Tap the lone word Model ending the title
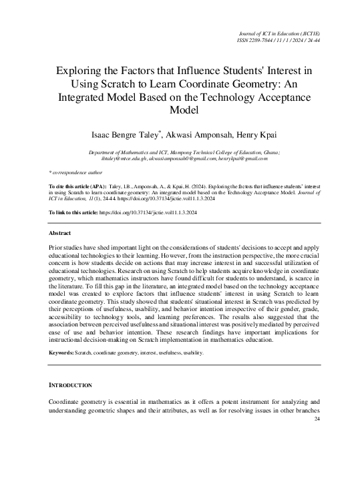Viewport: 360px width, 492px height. (x=180, y=110)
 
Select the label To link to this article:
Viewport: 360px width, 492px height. (x=73, y=212)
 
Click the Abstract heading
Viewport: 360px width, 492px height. (x=61, y=233)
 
